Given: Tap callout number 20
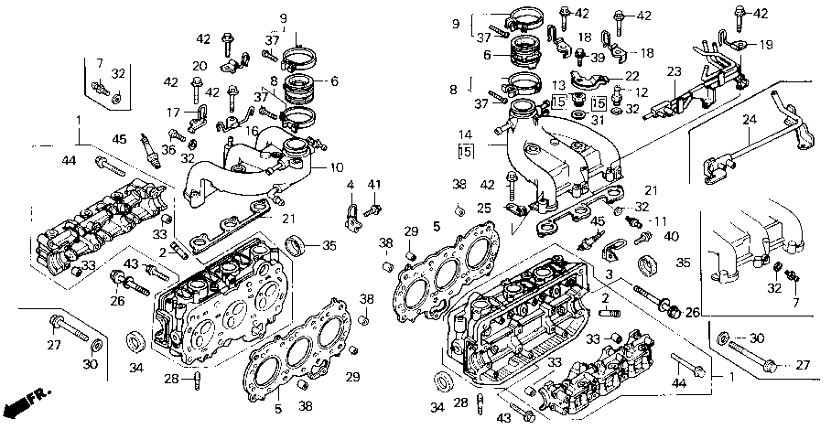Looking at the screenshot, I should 200,66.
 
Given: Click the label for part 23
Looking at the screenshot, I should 674,71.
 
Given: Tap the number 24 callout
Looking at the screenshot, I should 750,119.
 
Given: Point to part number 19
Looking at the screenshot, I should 765,44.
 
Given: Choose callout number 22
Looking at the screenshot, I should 631,75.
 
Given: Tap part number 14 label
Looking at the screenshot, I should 466,134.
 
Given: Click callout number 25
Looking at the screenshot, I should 484,209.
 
